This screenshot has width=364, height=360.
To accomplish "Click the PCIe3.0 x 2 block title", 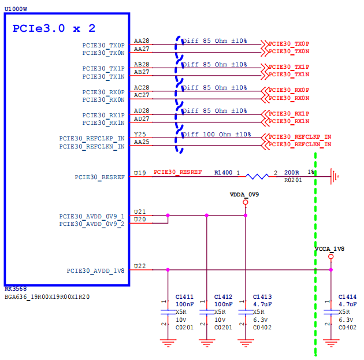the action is click(x=54, y=28).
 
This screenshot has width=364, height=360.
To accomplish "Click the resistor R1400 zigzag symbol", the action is click(x=257, y=177).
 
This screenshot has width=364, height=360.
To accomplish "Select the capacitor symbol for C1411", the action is click(x=168, y=312).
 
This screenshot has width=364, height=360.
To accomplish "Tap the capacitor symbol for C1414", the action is click(x=331, y=312).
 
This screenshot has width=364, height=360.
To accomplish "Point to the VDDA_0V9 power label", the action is click(x=244, y=195).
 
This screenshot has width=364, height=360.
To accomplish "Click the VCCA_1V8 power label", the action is click(x=329, y=249).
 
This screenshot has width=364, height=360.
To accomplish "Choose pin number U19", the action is click(x=140, y=173).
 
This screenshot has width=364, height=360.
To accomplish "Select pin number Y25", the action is click(x=140, y=134).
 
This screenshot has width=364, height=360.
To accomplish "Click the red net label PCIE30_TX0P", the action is click(x=289, y=44).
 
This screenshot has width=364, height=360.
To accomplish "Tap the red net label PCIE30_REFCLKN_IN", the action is click(x=300, y=144).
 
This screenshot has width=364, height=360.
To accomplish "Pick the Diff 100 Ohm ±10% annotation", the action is click(x=217, y=135).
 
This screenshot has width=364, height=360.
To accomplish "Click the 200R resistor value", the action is click(x=292, y=173).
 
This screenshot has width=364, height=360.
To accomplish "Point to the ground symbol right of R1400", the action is click(x=334, y=177).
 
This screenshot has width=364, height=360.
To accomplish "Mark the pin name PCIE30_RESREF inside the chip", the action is click(x=99, y=177).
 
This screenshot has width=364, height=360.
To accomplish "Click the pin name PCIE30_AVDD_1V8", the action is click(x=95, y=271).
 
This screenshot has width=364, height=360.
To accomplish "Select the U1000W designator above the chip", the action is click(x=16, y=9).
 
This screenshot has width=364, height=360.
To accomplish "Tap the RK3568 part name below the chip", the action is click(x=16, y=289).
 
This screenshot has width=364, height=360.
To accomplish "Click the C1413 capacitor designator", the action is click(x=262, y=297).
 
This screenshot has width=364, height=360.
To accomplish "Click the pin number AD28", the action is click(x=142, y=111).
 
